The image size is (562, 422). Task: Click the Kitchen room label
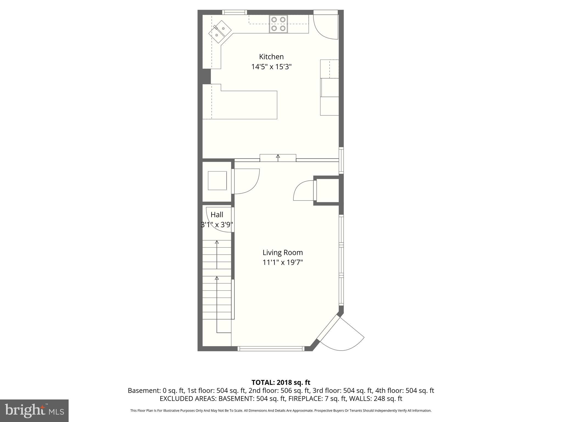click(271, 57)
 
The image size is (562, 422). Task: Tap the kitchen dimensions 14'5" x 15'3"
click(271, 67)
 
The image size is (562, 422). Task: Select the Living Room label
click(282, 252)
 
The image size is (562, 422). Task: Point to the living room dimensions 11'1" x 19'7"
click(282, 262)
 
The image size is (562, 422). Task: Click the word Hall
click(217, 215)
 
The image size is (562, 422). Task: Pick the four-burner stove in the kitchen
click(278, 24)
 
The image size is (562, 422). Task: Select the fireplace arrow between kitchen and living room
click(278, 157)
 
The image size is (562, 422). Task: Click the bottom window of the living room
click(271, 349)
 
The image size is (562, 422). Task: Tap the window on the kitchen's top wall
click(234, 12)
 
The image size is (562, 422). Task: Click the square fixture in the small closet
click(217, 181)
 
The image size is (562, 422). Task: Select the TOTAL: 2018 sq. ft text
click(281, 382)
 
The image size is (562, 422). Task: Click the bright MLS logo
click(34, 411)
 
